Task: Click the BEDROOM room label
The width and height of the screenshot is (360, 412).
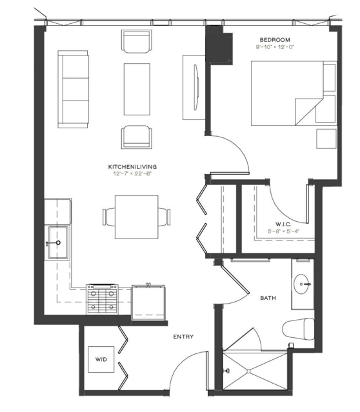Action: click(275, 40)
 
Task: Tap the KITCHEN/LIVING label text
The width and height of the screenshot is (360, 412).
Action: click(132, 167)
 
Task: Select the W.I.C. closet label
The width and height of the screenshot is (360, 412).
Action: click(283, 224)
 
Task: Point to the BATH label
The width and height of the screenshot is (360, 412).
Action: click(268, 298)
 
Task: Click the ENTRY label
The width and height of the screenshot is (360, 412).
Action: click(183, 337)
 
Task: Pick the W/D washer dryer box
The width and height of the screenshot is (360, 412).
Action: click(101, 359)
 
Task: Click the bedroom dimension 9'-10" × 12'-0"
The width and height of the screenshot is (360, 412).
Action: click(275, 47)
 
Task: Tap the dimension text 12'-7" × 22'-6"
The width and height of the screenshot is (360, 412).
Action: click(132, 173)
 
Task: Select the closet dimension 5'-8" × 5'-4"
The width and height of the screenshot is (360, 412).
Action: click(283, 231)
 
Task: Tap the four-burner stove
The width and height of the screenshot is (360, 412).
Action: click(103, 299)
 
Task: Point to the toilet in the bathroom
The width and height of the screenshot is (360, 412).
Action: click(298, 328)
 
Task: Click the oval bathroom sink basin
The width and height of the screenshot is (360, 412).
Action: click(302, 284)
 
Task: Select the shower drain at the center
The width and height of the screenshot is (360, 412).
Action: click(249, 371)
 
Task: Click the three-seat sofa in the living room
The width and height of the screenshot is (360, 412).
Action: click(73, 90)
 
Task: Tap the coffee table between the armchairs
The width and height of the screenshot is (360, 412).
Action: click(137, 89)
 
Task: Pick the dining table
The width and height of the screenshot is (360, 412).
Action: click(137, 217)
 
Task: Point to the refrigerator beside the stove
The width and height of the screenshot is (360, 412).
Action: click(148, 302)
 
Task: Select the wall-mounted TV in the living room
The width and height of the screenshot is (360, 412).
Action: click(196, 87)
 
